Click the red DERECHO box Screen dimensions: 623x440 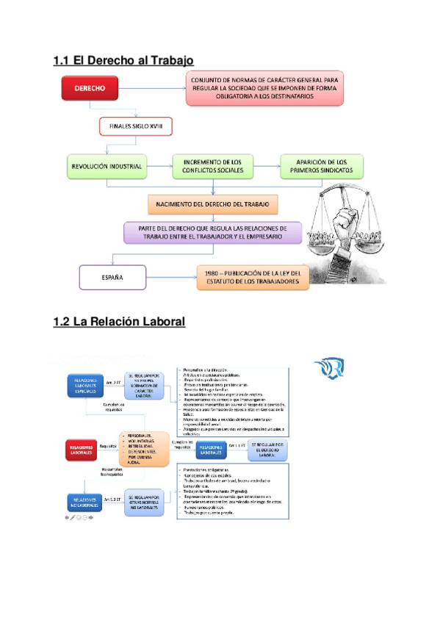coord(90,88)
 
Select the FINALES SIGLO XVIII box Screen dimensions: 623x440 coord(135,127)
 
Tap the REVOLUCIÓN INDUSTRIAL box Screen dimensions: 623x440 coord(107,166)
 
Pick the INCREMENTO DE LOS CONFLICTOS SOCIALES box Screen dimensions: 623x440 coord(212,166)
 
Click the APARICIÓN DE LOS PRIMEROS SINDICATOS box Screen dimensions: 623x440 coord(321,166)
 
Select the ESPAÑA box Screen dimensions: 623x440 coord(112,278)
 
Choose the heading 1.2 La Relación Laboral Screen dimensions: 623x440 coord(120,323)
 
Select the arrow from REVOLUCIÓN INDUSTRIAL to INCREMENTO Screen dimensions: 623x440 coord(159,166)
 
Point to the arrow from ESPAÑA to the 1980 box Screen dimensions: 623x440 coord(170,278)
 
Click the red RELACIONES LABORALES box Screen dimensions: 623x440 coord(82,447)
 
